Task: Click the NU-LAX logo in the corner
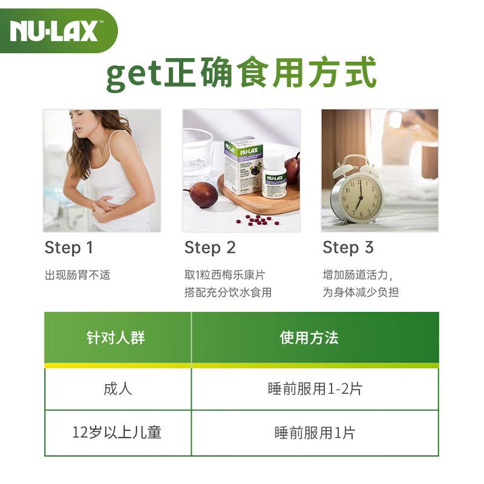(x=54, y=30)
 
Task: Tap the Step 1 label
(x=70, y=247)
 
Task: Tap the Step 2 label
(x=210, y=247)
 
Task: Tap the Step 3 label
(x=348, y=247)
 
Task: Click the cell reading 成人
(x=117, y=388)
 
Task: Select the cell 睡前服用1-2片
(x=315, y=388)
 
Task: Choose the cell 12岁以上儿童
(x=117, y=433)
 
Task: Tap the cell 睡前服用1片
(x=315, y=433)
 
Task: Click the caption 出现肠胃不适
(x=77, y=275)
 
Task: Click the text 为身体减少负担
(x=361, y=292)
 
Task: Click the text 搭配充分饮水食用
(x=227, y=292)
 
